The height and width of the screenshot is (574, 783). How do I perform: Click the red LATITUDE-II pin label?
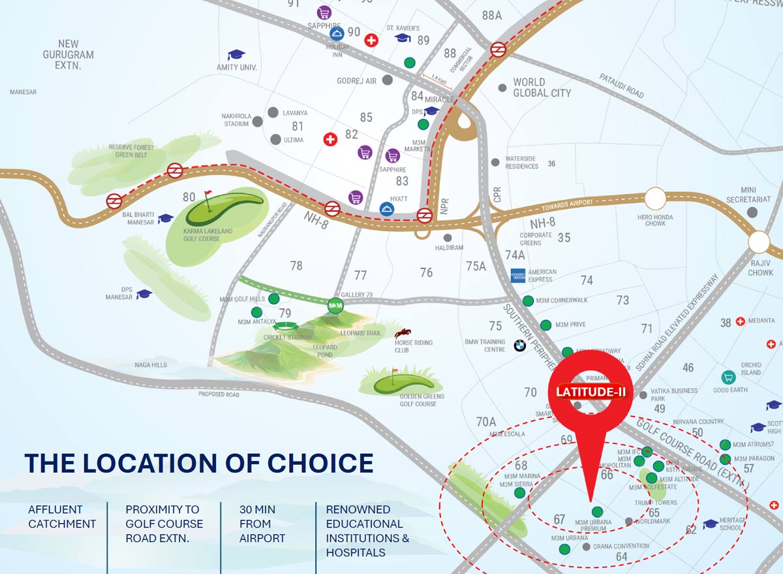pos(591,392)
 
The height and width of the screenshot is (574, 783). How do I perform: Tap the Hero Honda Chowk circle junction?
pos(655,199)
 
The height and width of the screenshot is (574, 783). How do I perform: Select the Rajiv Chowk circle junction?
pos(760,242)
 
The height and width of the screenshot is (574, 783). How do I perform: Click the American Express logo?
pos(519,275)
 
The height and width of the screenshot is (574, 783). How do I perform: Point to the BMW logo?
pos(519,345)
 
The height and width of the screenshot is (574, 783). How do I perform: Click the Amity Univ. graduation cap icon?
pos(236,55)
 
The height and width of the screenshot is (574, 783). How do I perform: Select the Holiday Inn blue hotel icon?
pos(337,33)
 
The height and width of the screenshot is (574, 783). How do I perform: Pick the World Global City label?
pos(542,88)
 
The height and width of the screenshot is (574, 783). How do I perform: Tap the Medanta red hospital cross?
pos(740,321)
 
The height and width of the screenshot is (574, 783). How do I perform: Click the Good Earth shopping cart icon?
pos(728,377)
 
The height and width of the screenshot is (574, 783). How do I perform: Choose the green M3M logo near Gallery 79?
pos(335,305)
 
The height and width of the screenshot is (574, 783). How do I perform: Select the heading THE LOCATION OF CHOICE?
pos(199,463)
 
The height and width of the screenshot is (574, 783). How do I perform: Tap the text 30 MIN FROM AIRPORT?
pos(262,524)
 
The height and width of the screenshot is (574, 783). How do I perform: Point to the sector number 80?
pos(189,197)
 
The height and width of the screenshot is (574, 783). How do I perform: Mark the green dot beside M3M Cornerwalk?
pos(528,300)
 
